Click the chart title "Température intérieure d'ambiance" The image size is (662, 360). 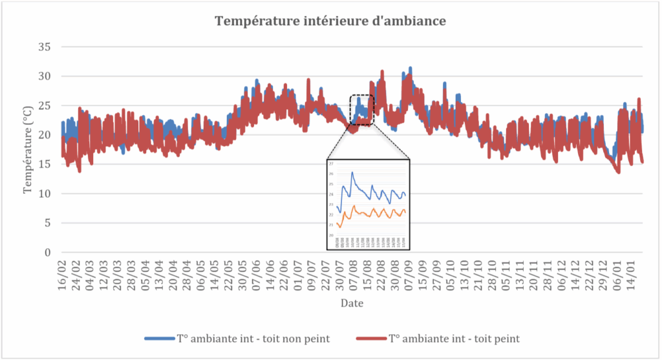330,21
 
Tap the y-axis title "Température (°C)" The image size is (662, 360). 28,150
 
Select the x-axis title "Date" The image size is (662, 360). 352,303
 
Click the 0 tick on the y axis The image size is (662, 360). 48,253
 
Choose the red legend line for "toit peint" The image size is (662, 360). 371,338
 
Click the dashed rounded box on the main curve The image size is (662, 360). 362,110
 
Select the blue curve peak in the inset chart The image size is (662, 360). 352,172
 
